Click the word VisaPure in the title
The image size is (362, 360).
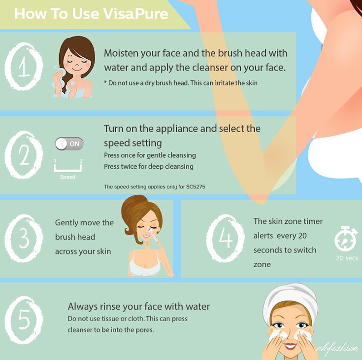tap(135, 14)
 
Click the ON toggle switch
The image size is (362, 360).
tap(69, 144)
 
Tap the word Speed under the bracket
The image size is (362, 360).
tap(67, 177)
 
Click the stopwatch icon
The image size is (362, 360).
tap(346, 239)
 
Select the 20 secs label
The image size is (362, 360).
tap(347, 258)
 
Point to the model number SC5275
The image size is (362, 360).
tap(196, 187)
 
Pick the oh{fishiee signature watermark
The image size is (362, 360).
tap(337, 349)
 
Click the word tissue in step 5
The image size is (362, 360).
tap(110, 319)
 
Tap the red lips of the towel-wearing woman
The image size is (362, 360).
tap(290, 346)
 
